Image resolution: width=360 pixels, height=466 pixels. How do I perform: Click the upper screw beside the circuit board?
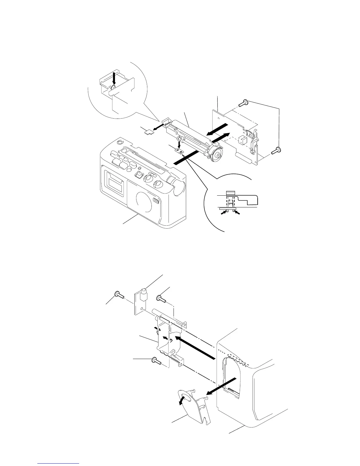coord(244,103)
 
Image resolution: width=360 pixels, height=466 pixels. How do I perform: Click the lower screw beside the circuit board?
coord(276,150)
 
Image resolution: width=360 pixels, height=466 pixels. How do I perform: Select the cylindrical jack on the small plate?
coord(144,294)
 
